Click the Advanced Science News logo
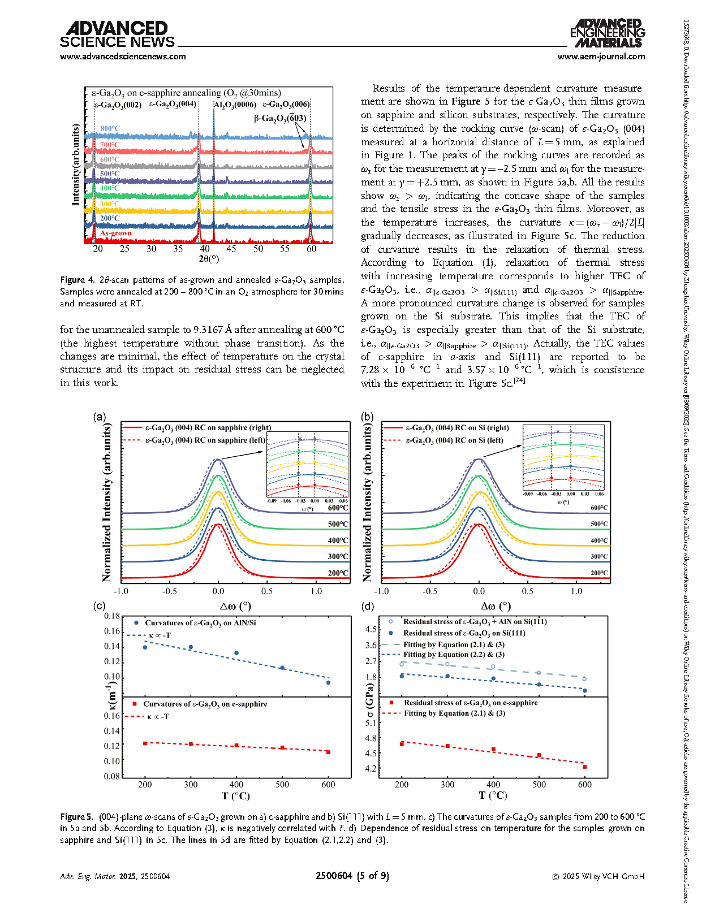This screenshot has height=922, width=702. pos(117,34)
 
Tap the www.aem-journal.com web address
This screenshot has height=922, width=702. pos(601,57)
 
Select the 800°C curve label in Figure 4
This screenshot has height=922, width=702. pos(110,128)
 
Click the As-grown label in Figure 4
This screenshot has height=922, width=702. pos(115,233)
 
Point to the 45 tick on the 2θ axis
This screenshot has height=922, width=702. pos(231,249)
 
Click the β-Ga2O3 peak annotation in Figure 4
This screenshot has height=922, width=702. pos(280,118)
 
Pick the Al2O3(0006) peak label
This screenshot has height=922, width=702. pos(235,104)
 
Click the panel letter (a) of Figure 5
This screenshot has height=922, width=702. pos(99,417)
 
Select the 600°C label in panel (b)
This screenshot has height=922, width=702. pos(599,508)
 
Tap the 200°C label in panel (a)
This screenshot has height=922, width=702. pos(338,573)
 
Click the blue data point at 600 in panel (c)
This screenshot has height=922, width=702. pos(328,682)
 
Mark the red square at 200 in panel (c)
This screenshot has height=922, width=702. pos(145,743)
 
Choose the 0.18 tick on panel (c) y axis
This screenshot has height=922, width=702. pos(112,616)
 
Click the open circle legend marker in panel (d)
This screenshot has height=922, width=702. pos(390,621)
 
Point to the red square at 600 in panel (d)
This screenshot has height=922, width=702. pos(585,767)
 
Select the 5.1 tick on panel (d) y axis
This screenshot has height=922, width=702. pos(371,723)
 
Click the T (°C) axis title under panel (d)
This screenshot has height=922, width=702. pos(493,795)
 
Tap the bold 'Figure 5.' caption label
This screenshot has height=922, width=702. pos(76,816)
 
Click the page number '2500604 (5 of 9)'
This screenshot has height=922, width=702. pos(352,876)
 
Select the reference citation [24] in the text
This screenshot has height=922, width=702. pos(519,380)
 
